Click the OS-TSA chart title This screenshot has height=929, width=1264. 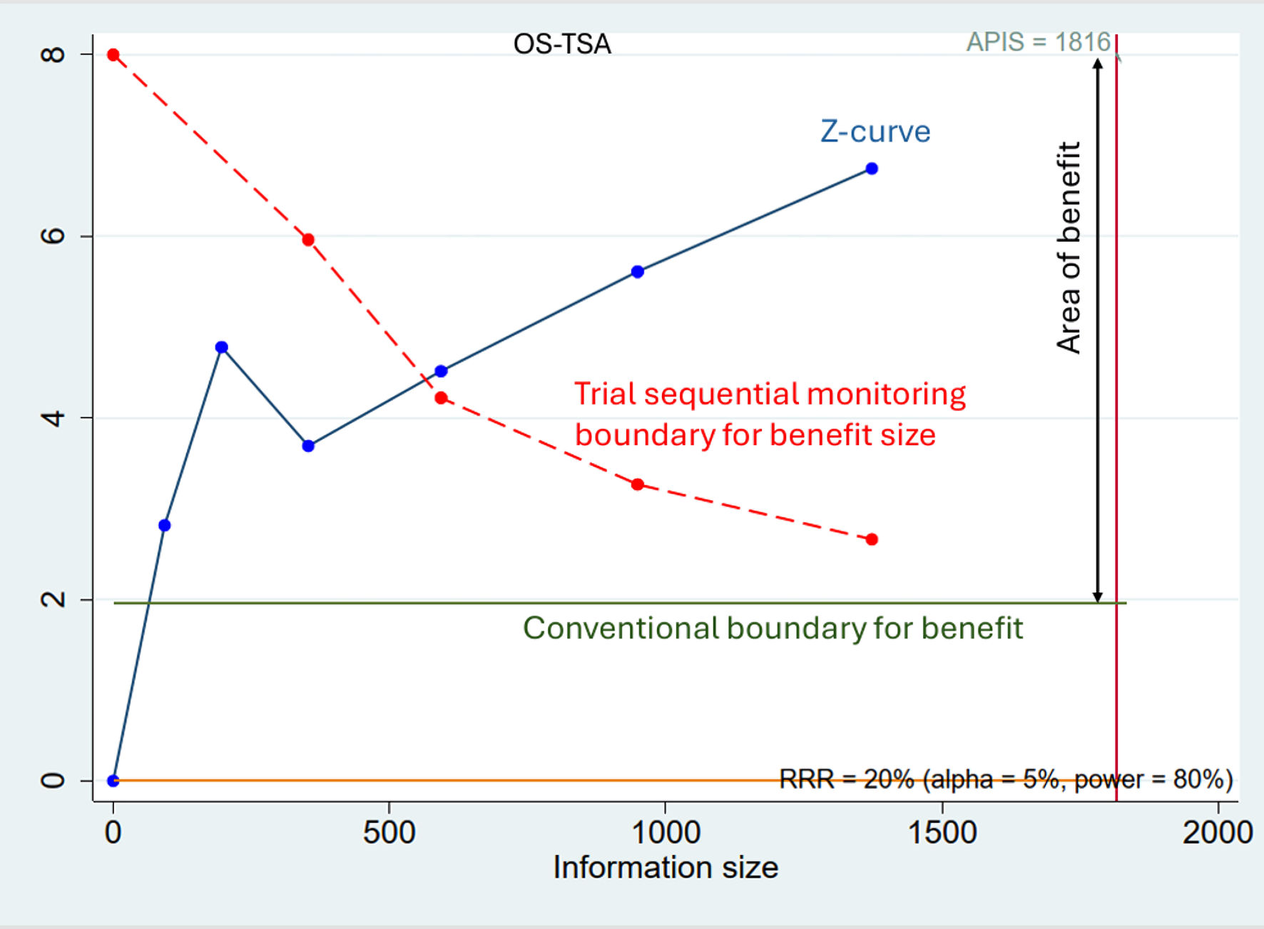click(562, 44)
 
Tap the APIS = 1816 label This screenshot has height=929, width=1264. click(1038, 42)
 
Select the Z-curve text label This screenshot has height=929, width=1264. click(875, 132)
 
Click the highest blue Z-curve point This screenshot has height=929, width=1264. click(871, 169)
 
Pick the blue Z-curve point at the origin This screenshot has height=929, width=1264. click(113, 781)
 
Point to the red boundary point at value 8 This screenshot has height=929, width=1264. click(113, 55)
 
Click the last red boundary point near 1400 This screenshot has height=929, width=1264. click(871, 539)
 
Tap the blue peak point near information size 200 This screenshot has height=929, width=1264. click(221, 347)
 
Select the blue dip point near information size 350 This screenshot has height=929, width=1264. click(308, 446)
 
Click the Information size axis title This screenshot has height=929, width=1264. click(665, 868)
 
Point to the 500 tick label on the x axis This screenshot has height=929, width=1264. click(389, 833)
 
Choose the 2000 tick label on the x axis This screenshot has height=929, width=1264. click(1217, 833)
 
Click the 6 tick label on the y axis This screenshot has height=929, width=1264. click(53, 236)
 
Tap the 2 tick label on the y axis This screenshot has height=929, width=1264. click(53, 599)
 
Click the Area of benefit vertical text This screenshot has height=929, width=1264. click(1069, 248)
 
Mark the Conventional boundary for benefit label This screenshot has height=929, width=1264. click(773, 629)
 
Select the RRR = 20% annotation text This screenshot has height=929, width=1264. click(1005, 779)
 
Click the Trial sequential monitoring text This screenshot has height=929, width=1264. click(770, 394)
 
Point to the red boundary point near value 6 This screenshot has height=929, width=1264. click(308, 240)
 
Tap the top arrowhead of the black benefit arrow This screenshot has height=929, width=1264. click(1098, 63)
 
